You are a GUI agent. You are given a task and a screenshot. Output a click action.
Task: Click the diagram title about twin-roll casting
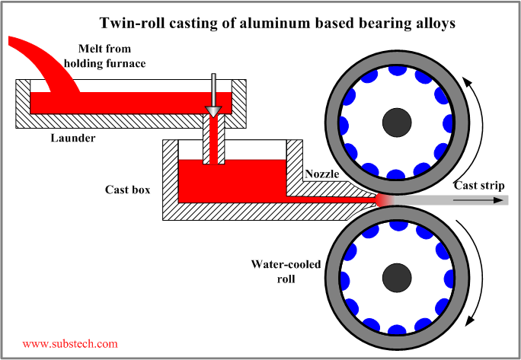click(277, 23)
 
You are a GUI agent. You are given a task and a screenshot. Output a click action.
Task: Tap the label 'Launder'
click(72, 138)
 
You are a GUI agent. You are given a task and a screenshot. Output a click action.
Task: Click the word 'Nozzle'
click(323, 174)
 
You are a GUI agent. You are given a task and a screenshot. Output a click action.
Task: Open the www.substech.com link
click(70, 344)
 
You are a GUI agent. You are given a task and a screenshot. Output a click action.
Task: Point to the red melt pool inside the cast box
click(229, 183)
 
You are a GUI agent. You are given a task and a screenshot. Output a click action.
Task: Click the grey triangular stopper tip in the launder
click(213, 112)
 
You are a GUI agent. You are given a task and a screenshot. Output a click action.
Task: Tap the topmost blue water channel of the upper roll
click(397, 70)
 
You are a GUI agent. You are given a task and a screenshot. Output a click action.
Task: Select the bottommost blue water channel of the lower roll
click(397, 327)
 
